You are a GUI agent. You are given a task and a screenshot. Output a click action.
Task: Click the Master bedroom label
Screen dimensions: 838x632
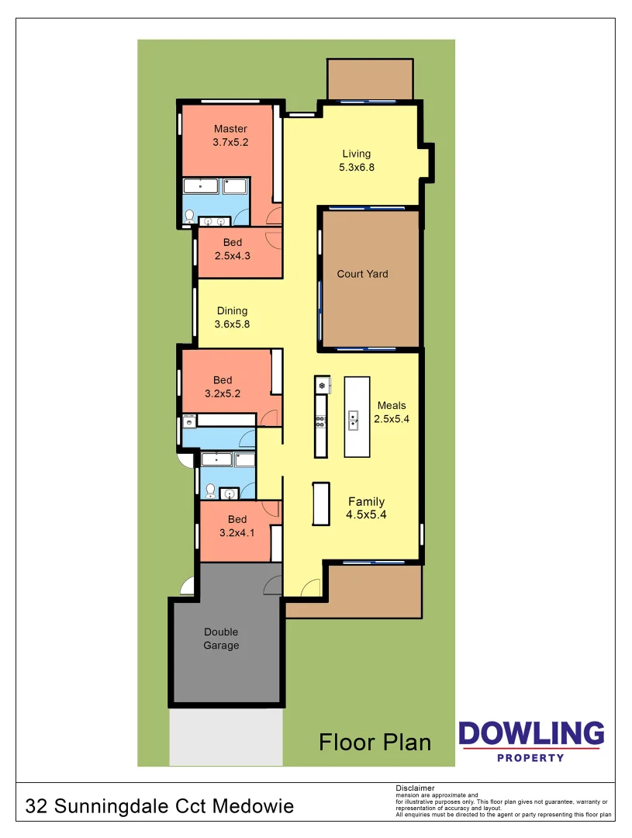pos(230,136)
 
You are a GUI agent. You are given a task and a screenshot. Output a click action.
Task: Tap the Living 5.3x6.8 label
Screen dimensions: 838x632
pos(357,160)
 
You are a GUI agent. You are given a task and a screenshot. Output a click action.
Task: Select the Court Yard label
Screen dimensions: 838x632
pos(362,274)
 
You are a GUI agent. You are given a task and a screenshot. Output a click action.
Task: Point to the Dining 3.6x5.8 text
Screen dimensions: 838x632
pos(233,318)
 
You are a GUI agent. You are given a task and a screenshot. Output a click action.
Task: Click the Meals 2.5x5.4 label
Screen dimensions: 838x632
pos(392,412)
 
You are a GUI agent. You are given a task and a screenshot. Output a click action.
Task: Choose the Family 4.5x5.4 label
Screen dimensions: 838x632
pos(366,508)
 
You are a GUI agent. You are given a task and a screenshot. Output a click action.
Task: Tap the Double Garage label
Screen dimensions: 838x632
pos(221,639)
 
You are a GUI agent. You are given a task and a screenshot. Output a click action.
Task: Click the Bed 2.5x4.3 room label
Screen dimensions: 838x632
pos(233,249)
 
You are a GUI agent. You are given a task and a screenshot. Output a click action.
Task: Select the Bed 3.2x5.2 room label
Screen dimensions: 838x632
pos(223,386)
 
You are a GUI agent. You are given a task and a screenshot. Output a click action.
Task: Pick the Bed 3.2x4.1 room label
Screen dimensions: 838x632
pos(237,526)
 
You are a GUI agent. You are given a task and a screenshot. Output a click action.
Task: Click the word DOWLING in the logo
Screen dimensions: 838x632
pos(530,734)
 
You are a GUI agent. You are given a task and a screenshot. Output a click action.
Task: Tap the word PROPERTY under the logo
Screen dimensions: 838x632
pos(530,757)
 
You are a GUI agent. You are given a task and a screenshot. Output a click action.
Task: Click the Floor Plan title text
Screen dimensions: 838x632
pos(375,743)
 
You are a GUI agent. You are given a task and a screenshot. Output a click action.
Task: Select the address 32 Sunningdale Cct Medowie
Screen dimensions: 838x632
pos(160,807)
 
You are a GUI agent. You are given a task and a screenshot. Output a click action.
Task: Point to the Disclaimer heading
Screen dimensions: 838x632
pos(415,788)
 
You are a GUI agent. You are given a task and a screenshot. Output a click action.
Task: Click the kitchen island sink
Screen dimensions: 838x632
pos(353,420)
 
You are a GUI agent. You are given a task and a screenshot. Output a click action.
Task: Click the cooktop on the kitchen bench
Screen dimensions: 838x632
pos(319,421)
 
